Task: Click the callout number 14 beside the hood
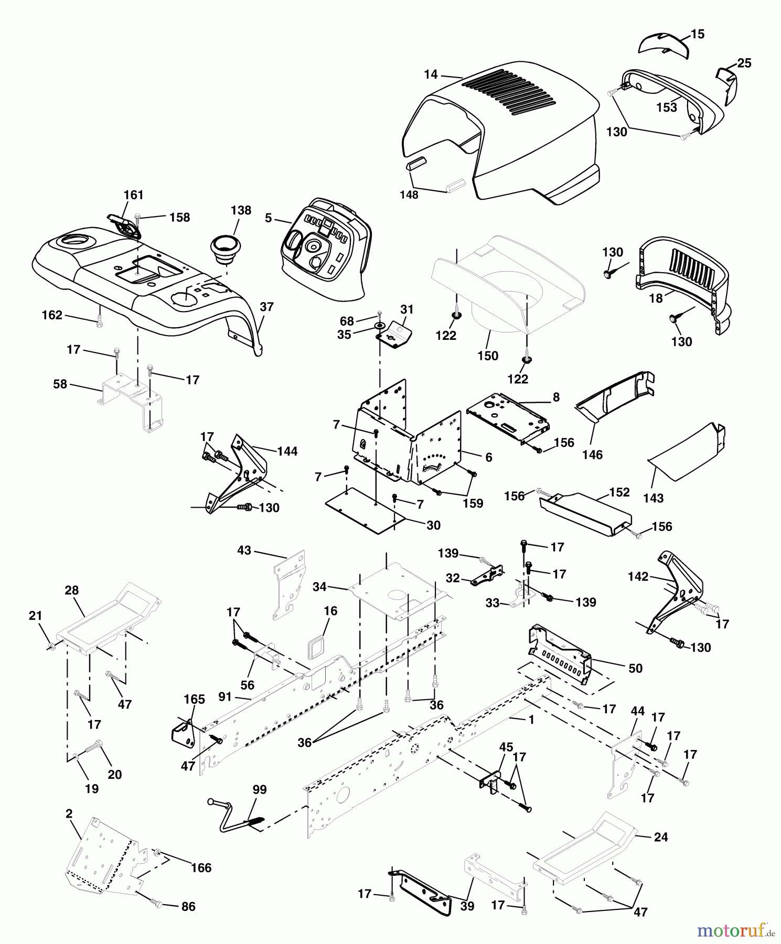click(x=430, y=75)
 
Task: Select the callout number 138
click(x=241, y=210)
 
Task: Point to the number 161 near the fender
click(x=133, y=195)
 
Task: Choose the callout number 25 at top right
click(x=744, y=63)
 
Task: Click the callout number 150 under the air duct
click(x=488, y=356)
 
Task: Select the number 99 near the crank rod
click(x=260, y=790)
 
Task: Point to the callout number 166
click(x=201, y=868)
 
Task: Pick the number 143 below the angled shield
click(x=654, y=498)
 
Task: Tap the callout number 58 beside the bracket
click(x=60, y=384)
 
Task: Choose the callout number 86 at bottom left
click(x=188, y=907)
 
